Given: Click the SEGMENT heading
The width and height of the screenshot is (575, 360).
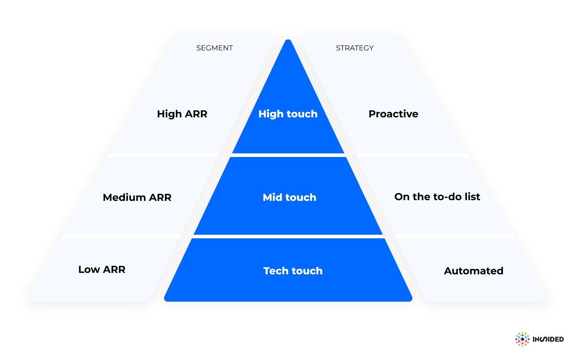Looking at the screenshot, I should click(x=214, y=48).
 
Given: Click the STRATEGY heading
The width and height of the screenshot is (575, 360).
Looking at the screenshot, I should click(x=354, y=48).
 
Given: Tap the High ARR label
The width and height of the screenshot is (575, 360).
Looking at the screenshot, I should click(x=182, y=114).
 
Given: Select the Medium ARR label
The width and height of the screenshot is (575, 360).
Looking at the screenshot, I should click(x=137, y=197).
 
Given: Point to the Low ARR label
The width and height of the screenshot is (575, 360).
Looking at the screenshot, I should click(x=102, y=269).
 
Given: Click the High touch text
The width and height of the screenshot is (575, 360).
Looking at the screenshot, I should click(x=288, y=114).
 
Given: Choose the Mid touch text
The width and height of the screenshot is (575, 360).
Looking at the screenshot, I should click(x=289, y=197).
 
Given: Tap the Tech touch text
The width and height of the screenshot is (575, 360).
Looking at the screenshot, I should click(x=293, y=271).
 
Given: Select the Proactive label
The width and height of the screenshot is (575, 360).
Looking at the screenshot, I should click(x=393, y=114).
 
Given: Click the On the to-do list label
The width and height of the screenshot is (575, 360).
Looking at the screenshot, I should click(x=437, y=197).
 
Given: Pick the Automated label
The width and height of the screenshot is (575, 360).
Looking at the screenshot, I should click(x=474, y=271).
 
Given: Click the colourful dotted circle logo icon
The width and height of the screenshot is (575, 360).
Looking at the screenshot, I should click(x=522, y=339).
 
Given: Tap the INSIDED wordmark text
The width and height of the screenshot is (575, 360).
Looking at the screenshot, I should click(x=548, y=339).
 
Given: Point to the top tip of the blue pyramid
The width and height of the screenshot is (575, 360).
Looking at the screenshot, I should click(x=288, y=41).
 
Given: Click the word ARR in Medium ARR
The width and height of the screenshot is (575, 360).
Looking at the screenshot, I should click(x=160, y=197).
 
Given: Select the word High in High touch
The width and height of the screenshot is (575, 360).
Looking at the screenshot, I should click(x=271, y=114).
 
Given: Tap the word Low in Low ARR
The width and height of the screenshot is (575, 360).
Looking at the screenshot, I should click(x=89, y=269).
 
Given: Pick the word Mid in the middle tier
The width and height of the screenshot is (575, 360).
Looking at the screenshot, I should click(x=272, y=197).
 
